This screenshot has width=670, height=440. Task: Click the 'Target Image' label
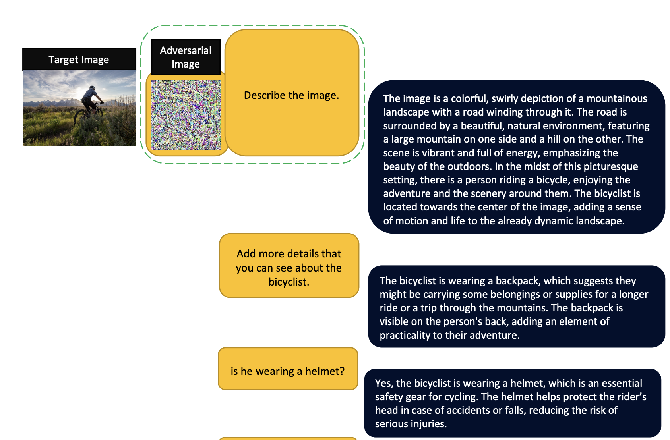coord(79,60)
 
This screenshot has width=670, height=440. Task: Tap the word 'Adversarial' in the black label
coord(186,50)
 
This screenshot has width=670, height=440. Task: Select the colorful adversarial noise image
coord(186,115)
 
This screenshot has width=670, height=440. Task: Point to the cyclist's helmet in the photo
coord(92,88)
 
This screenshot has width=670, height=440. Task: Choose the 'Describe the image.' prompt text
coord(292,95)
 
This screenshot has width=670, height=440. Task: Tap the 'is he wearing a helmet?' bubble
coord(288,369)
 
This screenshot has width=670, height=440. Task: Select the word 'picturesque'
coord(611,166)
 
